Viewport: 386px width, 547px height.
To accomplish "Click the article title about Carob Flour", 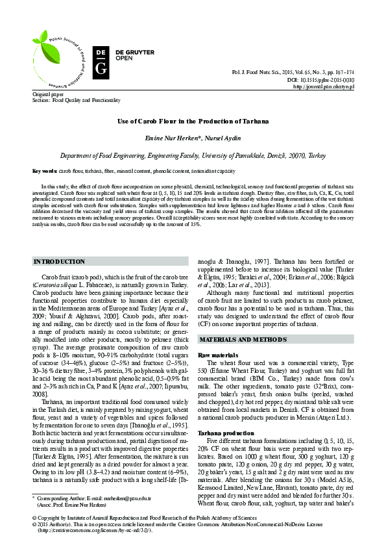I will coord(192,121).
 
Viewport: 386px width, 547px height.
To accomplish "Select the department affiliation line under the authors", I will coord(193,156).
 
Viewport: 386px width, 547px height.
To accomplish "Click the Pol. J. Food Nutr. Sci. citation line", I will coord(302,73).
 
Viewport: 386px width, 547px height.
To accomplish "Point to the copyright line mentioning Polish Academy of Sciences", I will coord(140,518).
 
